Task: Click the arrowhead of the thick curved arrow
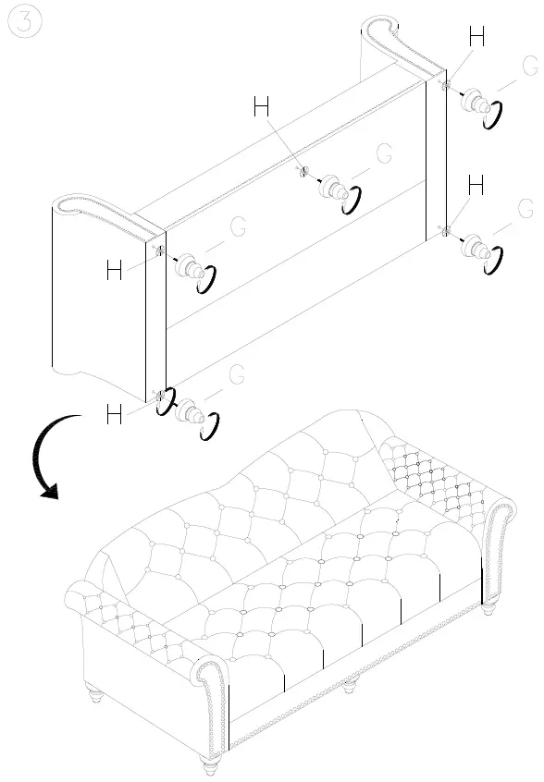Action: coord(49,491)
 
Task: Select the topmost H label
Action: coord(476,37)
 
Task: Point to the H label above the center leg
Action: coord(262,108)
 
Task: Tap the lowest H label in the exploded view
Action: coord(115,415)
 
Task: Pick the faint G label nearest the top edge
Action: coord(529,66)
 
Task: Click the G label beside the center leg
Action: coord(384,153)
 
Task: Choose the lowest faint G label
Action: coord(237,374)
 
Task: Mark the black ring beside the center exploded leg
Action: coord(352,201)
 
